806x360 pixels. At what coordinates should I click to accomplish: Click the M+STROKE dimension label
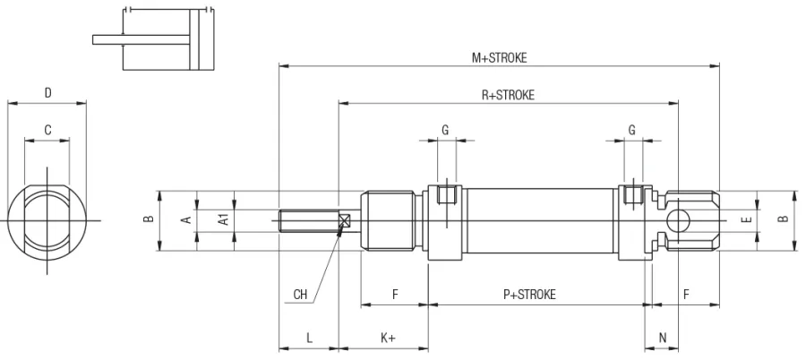pyautogui.click(x=500, y=57)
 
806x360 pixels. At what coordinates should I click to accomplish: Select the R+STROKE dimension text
pyautogui.click(x=508, y=95)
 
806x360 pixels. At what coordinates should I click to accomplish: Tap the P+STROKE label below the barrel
pyautogui.click(x=529, y=295)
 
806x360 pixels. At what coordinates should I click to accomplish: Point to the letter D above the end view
pyautogui.click(x=47, y=93)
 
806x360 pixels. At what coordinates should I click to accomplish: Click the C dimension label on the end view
pyautogui.click(x=47, y=131)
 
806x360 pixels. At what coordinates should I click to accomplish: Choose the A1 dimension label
pyautogui.click(x=224, y=219)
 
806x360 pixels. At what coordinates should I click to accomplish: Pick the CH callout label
pyautogui.click(x=301, y=294)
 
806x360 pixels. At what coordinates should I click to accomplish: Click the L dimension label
pyautogui.click(x=309, y=338)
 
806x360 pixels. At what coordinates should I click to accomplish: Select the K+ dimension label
pyautogui.click(x=388, y=338)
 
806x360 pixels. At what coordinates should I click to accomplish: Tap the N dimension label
pyautogui.click(x=663, y=338)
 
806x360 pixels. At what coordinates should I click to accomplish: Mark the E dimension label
pyautogui.click(x=747, y=219)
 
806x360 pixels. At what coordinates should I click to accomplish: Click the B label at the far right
pyautogui.click(x=783, y=219)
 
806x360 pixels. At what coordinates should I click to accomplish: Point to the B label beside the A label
pyautogui.click(x=150, y=219)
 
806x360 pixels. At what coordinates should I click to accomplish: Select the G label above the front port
pyautogui.click(x=445, y=131)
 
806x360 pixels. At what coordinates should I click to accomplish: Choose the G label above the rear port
pyautogui.click(x=632, y=131)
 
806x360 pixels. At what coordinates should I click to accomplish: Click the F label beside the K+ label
pyautogui.click(x=395, y=295)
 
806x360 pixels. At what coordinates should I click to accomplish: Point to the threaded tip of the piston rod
pyautogui.click(x=296, y=221)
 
